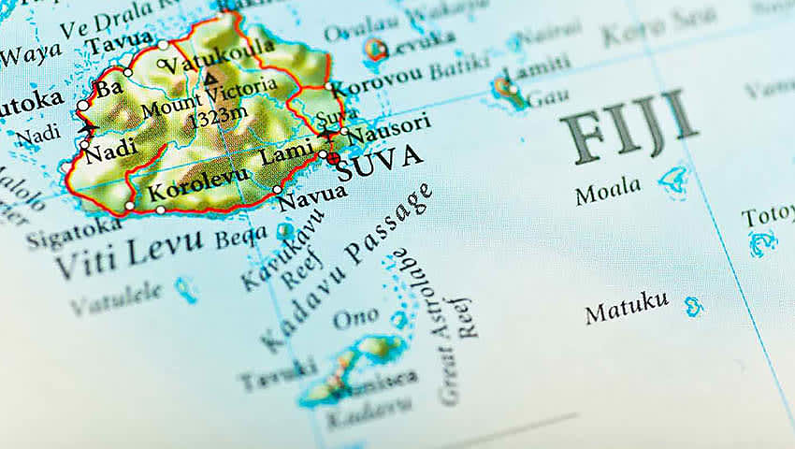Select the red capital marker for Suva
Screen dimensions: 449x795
tap(333, 159)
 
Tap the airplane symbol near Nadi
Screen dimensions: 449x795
tap(87, 125)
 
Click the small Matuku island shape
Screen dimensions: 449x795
tap(692, 305)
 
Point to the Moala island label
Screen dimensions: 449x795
tap(608, 191)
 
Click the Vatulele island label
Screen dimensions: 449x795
tap(118, 297)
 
